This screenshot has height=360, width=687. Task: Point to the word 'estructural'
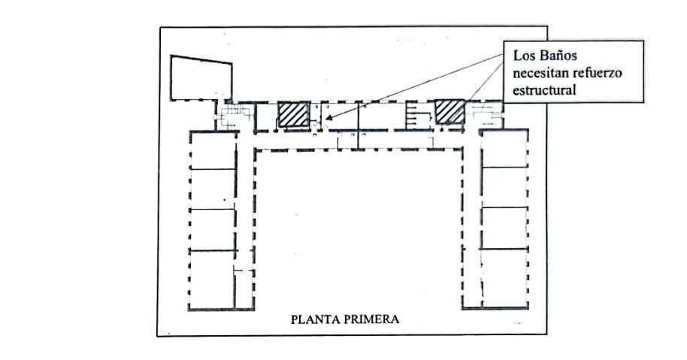tap(544, 90)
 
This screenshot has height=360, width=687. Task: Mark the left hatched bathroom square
tap(294, 115)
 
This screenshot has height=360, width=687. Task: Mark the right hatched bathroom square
tap(449, 112)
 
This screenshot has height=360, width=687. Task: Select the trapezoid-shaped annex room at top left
tap(201, 78)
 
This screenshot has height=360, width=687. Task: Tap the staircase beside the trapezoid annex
tap(235, 116)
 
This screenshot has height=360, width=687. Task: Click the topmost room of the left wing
tap(213, 150)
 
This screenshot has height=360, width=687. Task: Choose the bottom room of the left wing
tap(212, 280)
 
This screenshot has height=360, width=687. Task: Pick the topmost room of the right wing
tap(504, 149)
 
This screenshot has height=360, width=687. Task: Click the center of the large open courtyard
tap(358, 228)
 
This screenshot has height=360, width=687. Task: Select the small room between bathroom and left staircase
tap(265, 116)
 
